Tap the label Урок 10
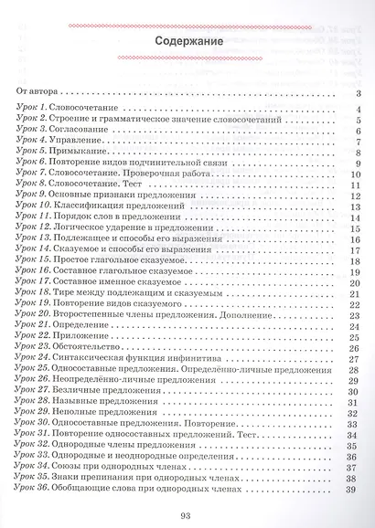point(36,205)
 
